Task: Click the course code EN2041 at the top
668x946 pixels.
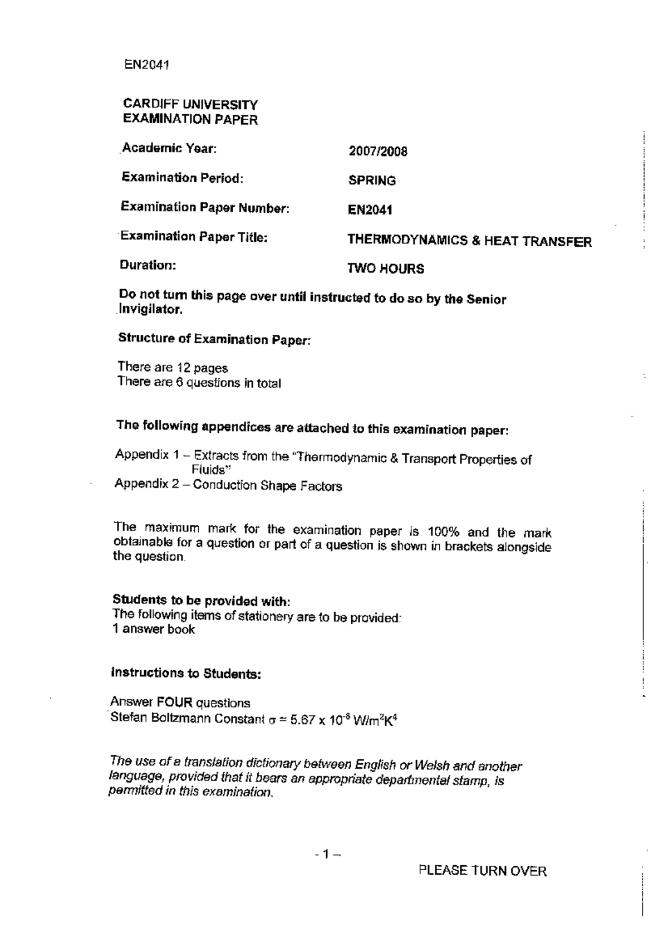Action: pos(146,65)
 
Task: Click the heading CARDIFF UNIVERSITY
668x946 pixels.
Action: pos(190,105)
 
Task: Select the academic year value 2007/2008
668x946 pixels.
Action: pos(378,152)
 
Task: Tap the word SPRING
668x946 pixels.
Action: pos(372,181)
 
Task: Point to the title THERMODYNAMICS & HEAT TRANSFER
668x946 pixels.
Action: pos(469,241)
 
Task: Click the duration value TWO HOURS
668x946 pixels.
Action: pos(385,269)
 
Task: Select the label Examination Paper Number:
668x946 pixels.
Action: pos(205,208)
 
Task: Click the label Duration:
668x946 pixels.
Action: pos(148,265)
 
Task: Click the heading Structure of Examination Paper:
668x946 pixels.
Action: pos(214,339)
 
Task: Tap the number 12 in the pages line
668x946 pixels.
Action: pos(184,368)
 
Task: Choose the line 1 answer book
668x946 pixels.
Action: pos(154,629)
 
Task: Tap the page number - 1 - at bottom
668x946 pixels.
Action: pos(327,854)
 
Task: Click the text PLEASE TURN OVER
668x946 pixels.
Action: pos(482,871)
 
